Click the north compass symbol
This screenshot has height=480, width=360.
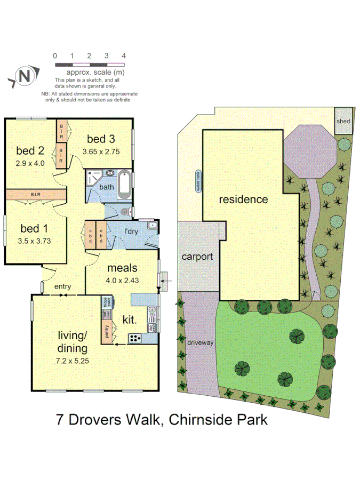(24, 76)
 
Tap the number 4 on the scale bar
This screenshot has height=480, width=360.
(124, 55)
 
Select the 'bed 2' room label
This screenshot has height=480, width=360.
(29, 149)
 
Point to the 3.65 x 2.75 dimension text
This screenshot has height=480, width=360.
(101, 151)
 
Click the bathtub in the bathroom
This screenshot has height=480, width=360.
(124, 183)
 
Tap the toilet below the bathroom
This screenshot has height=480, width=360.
(125, 212)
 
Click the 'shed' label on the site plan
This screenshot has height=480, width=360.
(343, 121)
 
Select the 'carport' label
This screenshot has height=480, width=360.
(197, 257)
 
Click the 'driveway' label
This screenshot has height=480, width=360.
(201, 342)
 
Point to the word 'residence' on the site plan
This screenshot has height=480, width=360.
(243, 199)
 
